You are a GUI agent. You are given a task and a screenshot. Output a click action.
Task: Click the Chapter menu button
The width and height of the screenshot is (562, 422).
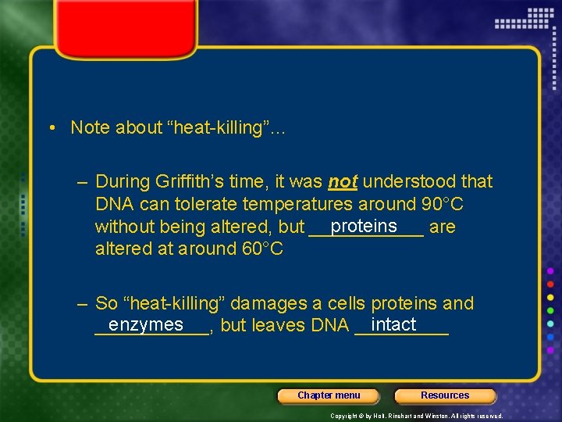pyautogui.click(x=329, y=395)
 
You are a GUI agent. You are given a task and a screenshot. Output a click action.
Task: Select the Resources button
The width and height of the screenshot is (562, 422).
pyautogui.click(x=445, y=395)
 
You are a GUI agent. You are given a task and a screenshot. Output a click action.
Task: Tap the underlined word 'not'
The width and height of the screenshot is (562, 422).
pyautogui.click(x=343, y=182)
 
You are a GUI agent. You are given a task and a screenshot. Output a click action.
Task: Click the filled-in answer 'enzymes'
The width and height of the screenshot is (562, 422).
pyautogui.click(x=146, y=324)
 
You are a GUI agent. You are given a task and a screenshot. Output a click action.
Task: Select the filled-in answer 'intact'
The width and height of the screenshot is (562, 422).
pyautogui.click(x=394, y=324)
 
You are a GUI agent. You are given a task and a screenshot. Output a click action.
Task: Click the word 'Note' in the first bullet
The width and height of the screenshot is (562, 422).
pyautogui.click(x=90, y=127)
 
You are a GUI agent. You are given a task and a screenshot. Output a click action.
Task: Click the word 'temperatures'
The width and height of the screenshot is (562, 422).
pyautogui.click(x=298, y=205)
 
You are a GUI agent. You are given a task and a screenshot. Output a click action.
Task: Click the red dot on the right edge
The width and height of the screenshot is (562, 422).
pyautogui.click(x=550, y=284)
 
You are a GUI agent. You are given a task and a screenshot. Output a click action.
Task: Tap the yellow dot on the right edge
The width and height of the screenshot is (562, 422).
pyautogui.click(x=550, y=298)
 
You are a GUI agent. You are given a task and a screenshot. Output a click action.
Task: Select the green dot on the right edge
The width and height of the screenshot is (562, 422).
pyautogui.click(x=550, y=311)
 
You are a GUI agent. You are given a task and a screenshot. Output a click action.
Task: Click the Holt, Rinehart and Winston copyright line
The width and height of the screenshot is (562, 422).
pyautogui.click(x=416, y=416)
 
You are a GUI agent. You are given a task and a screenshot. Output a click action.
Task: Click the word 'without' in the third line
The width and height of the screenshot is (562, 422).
pyautogui.click(x=123, y=227)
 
